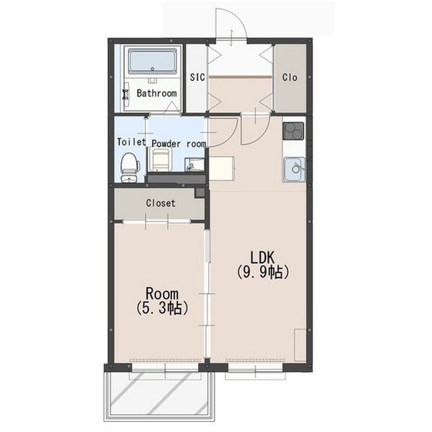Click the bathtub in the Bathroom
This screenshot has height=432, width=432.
(x=153, y=62)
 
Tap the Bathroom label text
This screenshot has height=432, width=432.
(x=157, y=93)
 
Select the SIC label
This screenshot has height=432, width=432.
(x=197, y=77)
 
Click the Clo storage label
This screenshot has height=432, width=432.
(x=289, y=77)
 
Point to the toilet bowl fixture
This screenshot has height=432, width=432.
(x=130, y=167)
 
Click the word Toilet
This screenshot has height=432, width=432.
(x=131, y=142)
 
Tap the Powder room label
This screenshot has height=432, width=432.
(x=179, y=143)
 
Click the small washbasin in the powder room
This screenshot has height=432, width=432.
(x=194, y=165)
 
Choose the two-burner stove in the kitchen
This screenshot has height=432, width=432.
(x=293, y=131)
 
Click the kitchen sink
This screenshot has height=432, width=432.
(x=294, y=169)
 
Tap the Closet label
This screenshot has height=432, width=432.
(x=160, y=204)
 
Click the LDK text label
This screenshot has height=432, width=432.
(x=262, y=258)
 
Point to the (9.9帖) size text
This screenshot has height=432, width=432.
(x=262, y=273)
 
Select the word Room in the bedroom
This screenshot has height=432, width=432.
(x=162, y=294)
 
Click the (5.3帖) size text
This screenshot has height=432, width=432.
(x=162, y=309)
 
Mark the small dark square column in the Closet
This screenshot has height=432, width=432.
(x=200, y=193)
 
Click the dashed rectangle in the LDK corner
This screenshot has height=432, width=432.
(x=300, y=345)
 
